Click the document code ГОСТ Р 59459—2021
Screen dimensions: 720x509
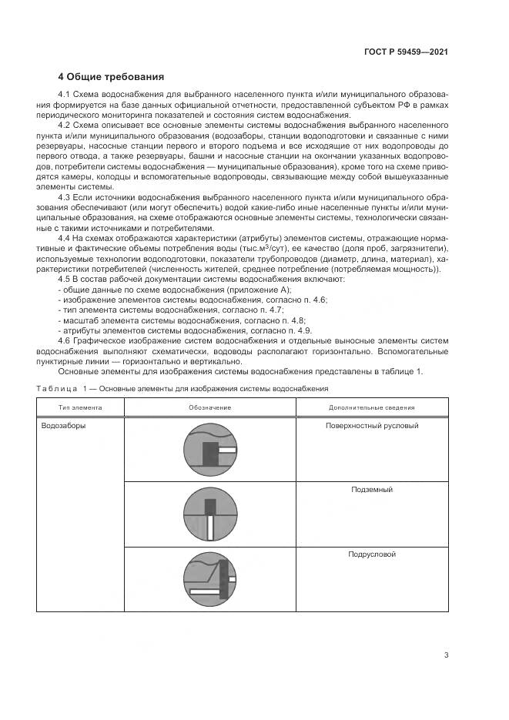point(406,52)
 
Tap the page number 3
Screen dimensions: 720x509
point(446,655)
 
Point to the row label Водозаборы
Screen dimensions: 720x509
point(63,425)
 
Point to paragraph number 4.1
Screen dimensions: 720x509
point(65,94)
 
